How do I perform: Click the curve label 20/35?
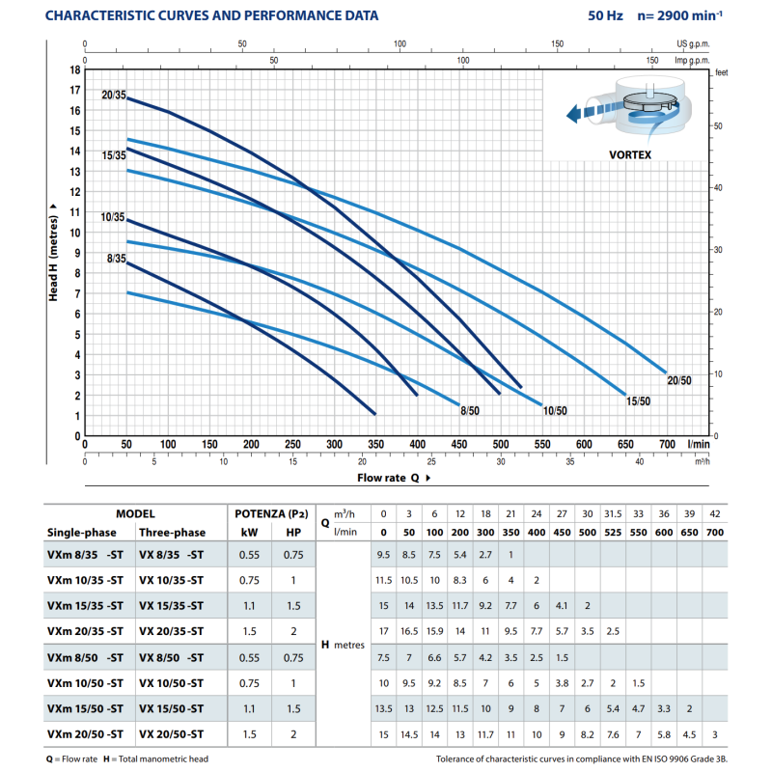pyautogui.click(x=114, y=95)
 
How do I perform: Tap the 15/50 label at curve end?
pyautogui.click(x=638, y=401)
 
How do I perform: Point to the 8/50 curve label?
pyautogui.click(x=470, y=411)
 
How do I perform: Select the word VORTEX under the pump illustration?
pyautogui.click(x=630, y=154)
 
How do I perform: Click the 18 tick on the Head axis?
pyautogui.click(x=75, y=69)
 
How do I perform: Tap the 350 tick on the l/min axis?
pyautogui.click(x=375, y=444)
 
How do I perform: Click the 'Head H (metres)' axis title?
pyautogui.click(x=53, y=252)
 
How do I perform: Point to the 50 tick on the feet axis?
pyautogui.click(x=718, y=126)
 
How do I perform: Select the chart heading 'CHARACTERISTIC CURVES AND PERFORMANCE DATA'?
pyautogui.click(x=211, y=15)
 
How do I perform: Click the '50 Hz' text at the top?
pyautogui.click(x=605, y=15)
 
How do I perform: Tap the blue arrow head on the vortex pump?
pyautogui.click(x=573, y=114)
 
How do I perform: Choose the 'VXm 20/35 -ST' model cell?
pyautogui.click(x=85, y=631)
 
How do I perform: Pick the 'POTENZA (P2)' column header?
pyautogui.click(x=271, y=514)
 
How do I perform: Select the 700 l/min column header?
pyautogui.click(x=715, y=533)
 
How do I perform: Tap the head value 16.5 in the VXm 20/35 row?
pyautogui.click(x=409, y=631)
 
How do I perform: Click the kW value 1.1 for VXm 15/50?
pyautogui.click(x=249, y=708)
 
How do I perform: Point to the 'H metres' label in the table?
pyautogui.click(x=343, y=645)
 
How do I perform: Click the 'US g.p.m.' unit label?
pyautogui.click(x=693, y=43)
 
